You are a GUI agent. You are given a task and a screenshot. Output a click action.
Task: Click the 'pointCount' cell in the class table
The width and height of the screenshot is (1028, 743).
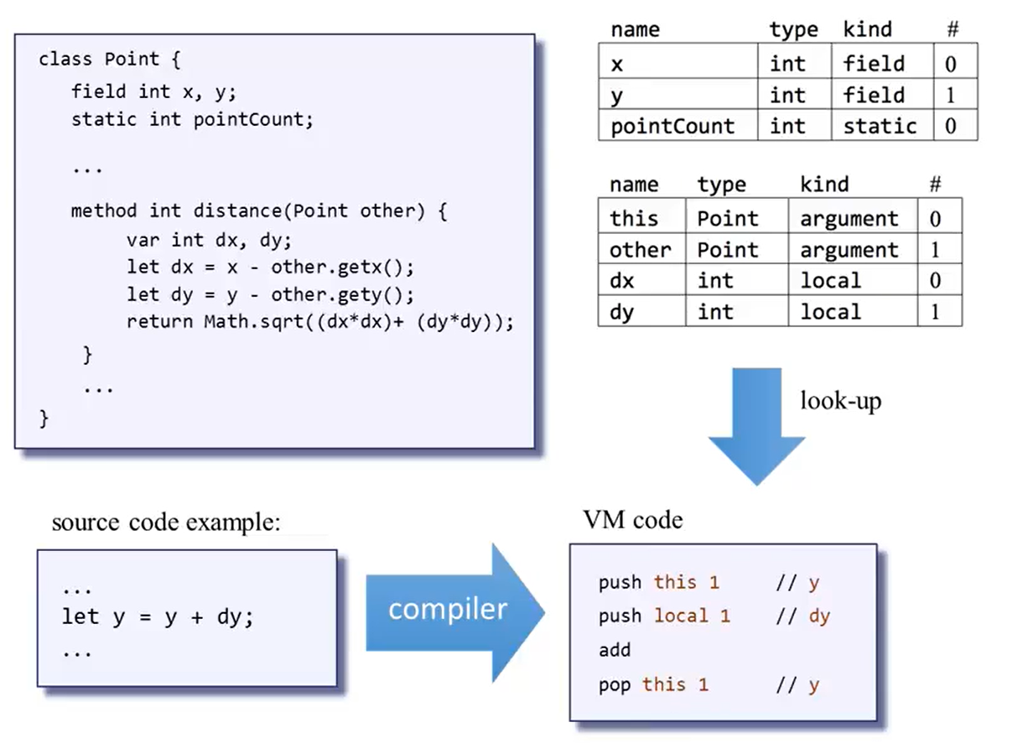(672, 127)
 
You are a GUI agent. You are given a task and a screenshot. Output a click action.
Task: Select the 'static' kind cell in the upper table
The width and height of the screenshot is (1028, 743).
(880, 127)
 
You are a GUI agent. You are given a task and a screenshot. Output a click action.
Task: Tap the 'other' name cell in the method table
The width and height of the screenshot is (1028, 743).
(640, 250)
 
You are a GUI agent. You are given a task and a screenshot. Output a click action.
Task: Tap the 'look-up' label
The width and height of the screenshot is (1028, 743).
(840, 401)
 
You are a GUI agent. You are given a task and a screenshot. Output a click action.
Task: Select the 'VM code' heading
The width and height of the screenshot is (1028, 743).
(632, 520)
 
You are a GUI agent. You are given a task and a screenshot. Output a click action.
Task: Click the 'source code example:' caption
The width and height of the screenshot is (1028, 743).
(166, 522)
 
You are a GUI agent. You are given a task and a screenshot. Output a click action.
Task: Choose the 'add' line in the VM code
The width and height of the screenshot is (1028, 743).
(614, 650)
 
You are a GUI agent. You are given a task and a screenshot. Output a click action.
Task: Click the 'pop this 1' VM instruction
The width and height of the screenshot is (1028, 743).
(653, 684)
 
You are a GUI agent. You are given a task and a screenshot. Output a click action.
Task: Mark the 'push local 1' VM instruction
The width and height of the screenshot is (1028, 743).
(664, 616)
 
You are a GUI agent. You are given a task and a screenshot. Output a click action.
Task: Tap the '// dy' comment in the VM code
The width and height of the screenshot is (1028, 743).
(802, 616)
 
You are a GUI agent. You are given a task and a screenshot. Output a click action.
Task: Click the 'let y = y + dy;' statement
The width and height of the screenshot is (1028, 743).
(158, 617)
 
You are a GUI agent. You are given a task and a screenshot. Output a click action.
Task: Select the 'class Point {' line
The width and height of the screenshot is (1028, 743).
(110, 60)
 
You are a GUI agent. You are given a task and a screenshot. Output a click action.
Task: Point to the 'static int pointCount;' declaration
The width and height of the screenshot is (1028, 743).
(192, 119)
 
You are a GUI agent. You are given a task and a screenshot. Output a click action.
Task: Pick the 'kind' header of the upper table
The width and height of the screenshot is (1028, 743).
(867, 30)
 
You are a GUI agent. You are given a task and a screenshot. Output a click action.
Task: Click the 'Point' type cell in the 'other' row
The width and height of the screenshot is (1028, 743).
(727, 250)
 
